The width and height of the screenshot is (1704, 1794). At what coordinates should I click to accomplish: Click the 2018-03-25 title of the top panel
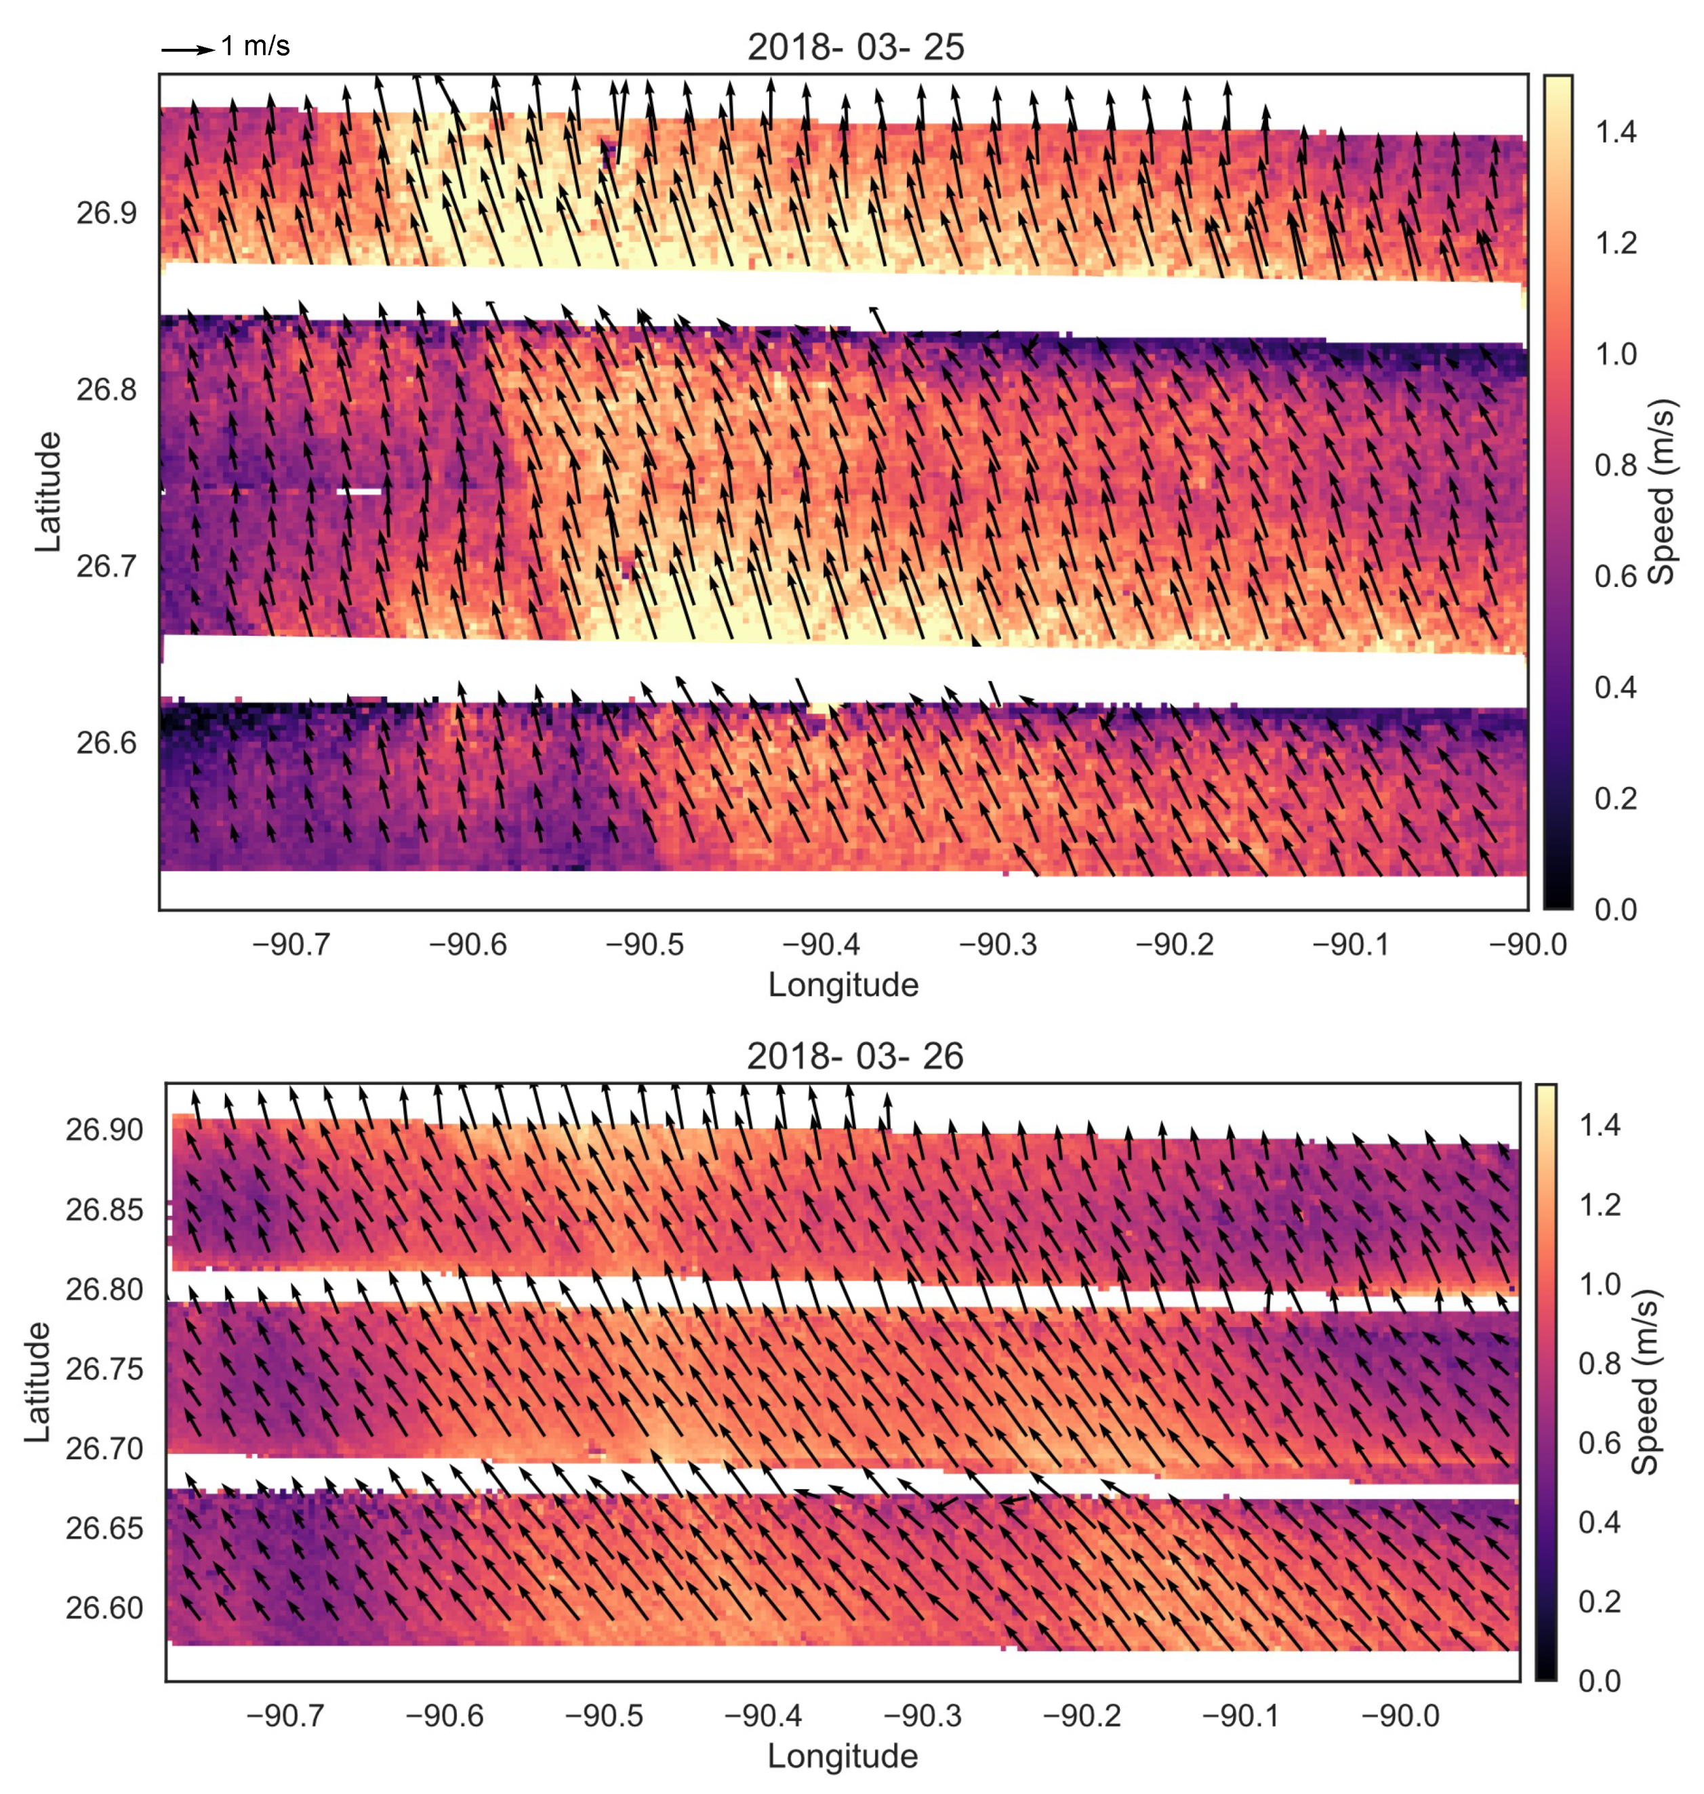coord(855,48)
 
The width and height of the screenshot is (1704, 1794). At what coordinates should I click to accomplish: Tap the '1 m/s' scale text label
coord(256,45)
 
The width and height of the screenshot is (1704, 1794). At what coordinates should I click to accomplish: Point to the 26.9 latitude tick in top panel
coord(106,213)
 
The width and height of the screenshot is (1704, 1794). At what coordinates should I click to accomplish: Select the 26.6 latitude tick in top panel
coord(106,743)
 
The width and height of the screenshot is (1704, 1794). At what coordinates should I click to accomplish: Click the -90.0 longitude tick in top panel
coord(1528,945)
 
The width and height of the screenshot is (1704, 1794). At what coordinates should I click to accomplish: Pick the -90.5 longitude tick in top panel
coord(644,945)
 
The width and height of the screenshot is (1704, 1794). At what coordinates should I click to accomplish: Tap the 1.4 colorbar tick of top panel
coord(1615,133)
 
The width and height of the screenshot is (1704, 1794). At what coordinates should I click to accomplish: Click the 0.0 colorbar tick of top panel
coord(1615,910)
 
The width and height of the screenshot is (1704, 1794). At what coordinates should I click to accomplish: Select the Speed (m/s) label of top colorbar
coord(1661,491)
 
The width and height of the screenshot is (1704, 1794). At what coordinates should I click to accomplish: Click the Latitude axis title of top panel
coord(47,491)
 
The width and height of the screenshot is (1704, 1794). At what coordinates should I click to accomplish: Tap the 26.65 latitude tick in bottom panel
coord(104,1529)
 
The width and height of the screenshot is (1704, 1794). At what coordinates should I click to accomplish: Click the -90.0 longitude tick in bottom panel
coord(1400,1716)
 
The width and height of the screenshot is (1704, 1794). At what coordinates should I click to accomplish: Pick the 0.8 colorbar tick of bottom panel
coord(1600,1364)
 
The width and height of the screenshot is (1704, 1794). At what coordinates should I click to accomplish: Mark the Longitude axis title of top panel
coord(843,985)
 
